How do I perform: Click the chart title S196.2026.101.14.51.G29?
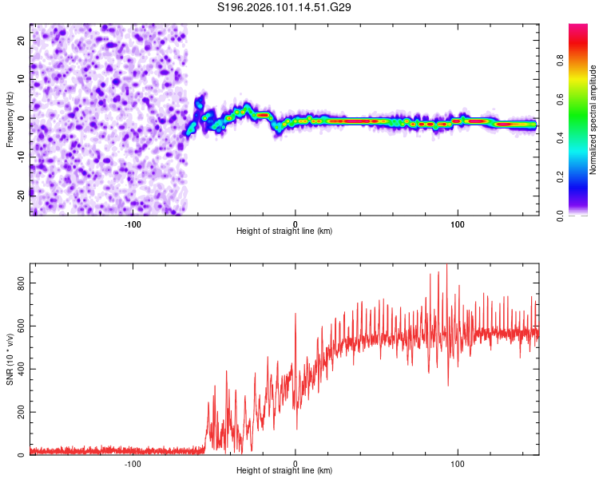[x=285, y=7]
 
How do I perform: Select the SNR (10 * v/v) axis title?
[x=10, y=359]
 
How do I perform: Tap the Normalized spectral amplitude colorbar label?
[x=593, y=120]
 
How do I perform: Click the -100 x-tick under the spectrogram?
[x=133, y=224]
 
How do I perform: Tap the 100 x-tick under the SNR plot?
[x=458, y=464]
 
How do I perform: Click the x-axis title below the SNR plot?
[x=284, y=473]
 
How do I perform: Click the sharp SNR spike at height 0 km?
[x=296, y=314]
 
